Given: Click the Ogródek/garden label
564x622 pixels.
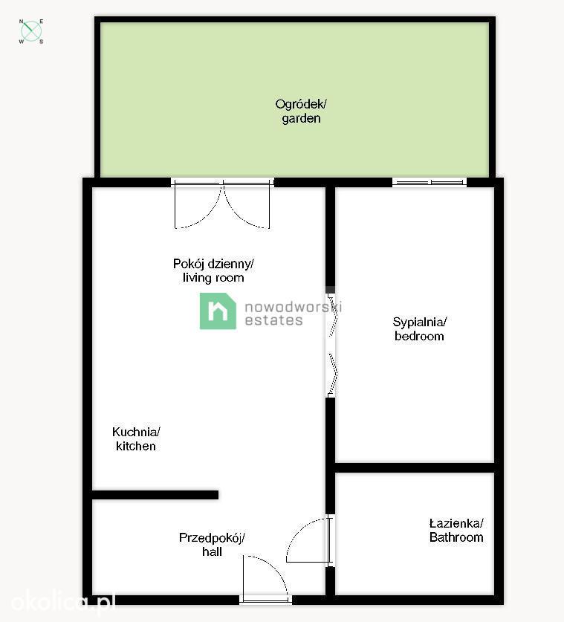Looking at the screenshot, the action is pos(301,111).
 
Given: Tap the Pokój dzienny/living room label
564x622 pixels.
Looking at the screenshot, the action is pos(213,270).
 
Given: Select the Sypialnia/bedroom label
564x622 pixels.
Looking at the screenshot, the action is pos(419,329).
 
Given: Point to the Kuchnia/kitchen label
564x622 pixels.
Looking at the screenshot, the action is pos(136,438).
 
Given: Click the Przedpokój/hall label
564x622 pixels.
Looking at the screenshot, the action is pos(212,545).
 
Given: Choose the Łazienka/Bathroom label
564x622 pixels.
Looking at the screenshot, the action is pos(456,531).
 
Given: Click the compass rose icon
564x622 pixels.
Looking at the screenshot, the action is pos(31,31).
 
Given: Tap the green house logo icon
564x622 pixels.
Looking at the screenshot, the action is pos(218,311).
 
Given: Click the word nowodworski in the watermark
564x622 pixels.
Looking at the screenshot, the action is pos(293,307).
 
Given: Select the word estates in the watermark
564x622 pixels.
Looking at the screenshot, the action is pos(273,320).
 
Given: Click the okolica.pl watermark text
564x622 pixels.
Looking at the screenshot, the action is pos(63,602).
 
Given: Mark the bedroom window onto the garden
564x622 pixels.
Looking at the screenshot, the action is pos(430,182).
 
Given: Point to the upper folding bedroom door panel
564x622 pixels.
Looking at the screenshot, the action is pos(333,315).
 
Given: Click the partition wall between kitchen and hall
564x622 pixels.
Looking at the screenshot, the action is pos(155,495).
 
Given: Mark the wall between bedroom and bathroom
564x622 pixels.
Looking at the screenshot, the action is pos(415,467).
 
